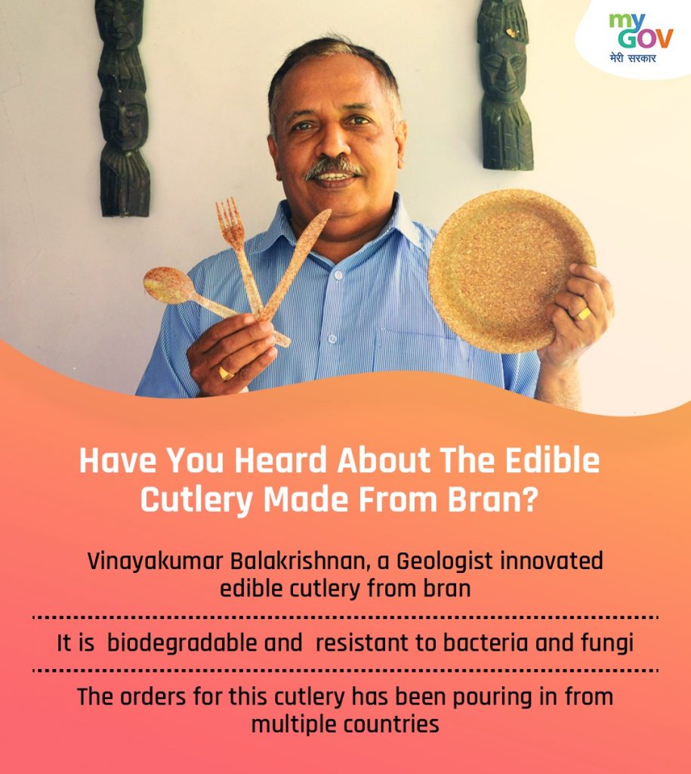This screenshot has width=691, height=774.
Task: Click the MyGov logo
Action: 640,38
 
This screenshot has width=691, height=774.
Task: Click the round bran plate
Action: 511,270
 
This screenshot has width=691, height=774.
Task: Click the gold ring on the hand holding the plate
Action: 584,313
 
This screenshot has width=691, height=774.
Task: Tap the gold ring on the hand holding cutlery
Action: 227,373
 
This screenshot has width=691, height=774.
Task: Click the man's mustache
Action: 332,167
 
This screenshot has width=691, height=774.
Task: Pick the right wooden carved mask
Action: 504,84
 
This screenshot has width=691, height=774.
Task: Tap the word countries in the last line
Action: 390,725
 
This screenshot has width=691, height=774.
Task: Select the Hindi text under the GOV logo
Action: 633,58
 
